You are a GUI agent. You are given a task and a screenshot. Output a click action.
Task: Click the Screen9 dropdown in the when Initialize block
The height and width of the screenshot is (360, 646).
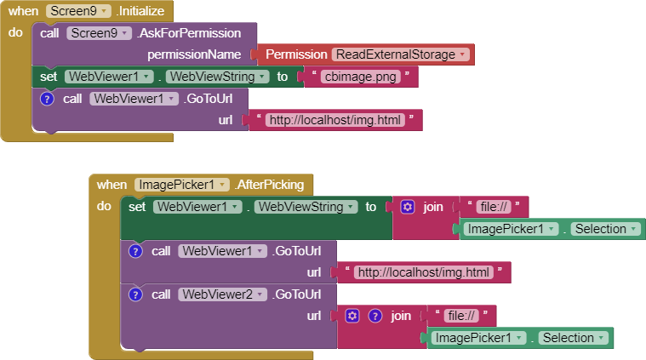[x=78, y=10]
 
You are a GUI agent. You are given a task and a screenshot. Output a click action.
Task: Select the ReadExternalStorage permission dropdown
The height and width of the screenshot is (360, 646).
[x=401, y=54]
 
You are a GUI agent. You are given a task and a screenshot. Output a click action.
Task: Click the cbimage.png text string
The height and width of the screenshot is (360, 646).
[x=360, y=77]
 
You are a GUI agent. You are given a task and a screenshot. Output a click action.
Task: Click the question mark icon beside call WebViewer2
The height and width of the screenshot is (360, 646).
[x=134, y=294]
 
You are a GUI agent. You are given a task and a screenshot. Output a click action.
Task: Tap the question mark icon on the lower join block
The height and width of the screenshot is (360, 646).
[x=374, y=316]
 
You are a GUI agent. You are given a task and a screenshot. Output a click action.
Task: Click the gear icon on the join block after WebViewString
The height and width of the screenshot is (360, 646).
[x=408, y=207]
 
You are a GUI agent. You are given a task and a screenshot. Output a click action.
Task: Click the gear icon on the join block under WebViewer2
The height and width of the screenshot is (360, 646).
[x=353, y=316]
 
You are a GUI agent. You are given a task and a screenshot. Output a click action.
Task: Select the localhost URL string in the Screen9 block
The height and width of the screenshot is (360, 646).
[x=334, y=120]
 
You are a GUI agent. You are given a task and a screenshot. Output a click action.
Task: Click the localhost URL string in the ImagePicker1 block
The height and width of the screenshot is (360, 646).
[x=423, y=272]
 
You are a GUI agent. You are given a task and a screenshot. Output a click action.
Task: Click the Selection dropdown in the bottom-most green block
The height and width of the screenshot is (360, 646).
[x=573, y=338]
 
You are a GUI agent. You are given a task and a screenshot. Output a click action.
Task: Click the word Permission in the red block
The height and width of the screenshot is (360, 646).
[x=295, y=54]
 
